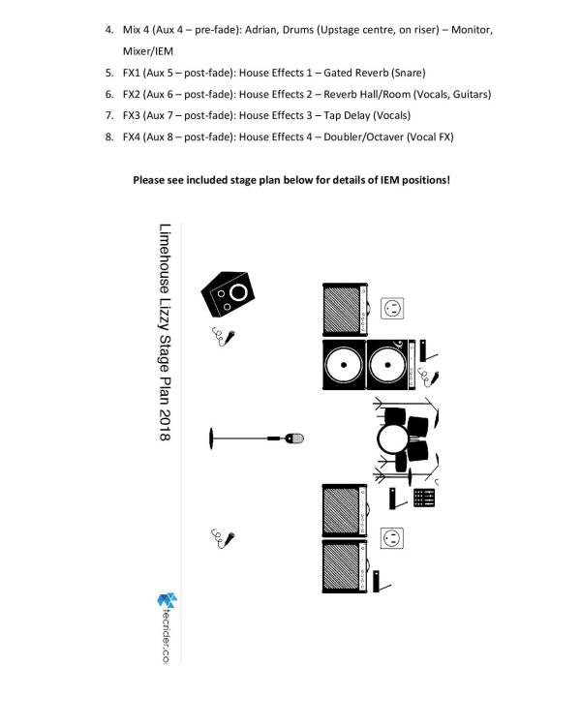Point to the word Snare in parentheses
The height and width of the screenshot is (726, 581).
tap(407, 73)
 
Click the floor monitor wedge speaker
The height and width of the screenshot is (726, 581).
tap(230, 294)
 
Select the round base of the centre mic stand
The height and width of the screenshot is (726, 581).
tap(210, 439)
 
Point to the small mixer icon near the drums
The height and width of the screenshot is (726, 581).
tap(423, 498)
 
